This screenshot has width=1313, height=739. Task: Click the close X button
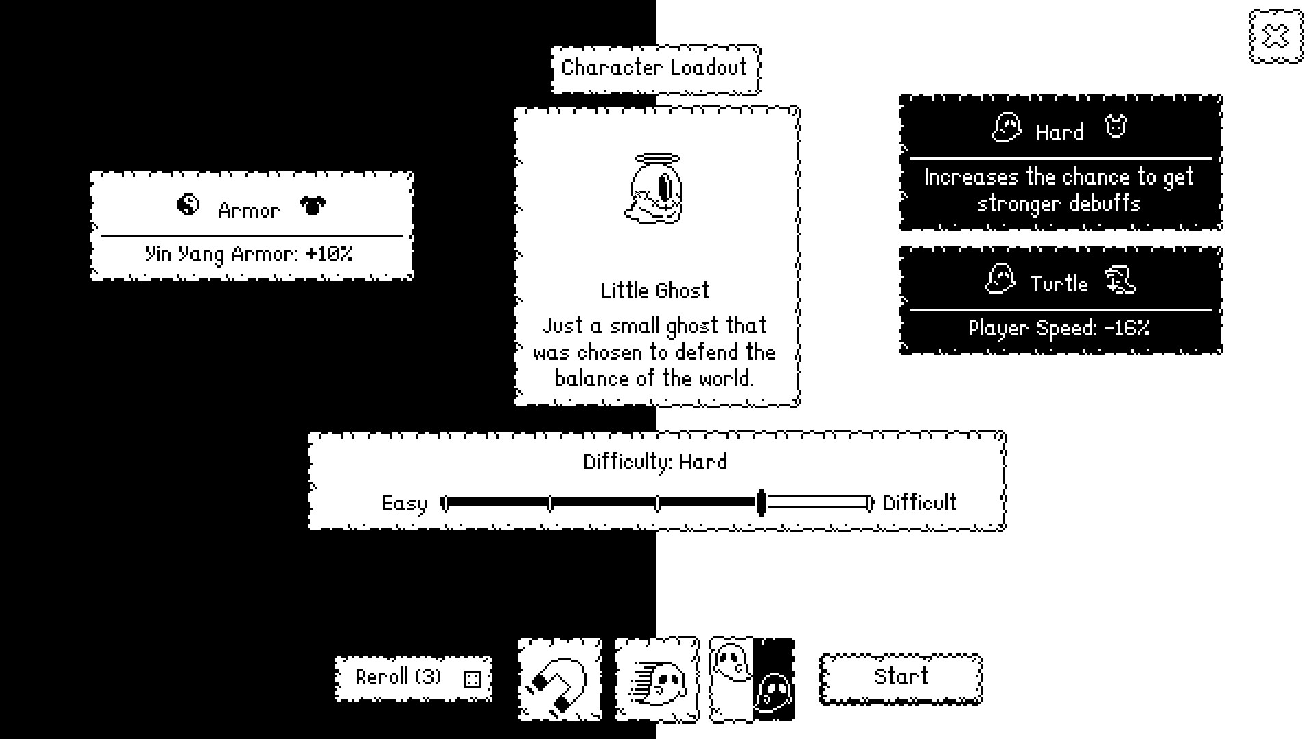coord(1276,36)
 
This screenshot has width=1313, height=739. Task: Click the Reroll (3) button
coord(413,678)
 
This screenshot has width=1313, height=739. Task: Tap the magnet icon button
coord(560,680)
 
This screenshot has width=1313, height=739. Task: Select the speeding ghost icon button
coord(656,680)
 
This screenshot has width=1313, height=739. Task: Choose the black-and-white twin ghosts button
coord(752,680)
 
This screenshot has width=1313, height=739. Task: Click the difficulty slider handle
coord(761,504)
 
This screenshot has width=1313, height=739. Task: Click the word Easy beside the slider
coord(403,504)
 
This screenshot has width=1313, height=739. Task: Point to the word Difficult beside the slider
coord(919,504)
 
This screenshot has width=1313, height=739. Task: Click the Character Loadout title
coord(655,68)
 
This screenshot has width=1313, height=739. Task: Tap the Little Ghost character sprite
coord(654,190)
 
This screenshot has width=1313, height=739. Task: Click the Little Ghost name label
coord(655,291)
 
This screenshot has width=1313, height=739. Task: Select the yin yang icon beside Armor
coord(187,205)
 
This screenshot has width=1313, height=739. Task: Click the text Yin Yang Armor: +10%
coord(250,255)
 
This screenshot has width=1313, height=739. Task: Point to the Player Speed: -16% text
coord(1059,328)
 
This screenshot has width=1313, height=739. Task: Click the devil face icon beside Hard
coord(1116,127)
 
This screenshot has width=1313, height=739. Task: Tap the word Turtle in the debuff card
coord(1059,283)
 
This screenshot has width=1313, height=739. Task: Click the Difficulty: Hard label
coord(655,462)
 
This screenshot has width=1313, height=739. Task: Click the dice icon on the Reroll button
coord(473,679)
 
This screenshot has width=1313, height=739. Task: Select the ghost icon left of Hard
coord(1006,128)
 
